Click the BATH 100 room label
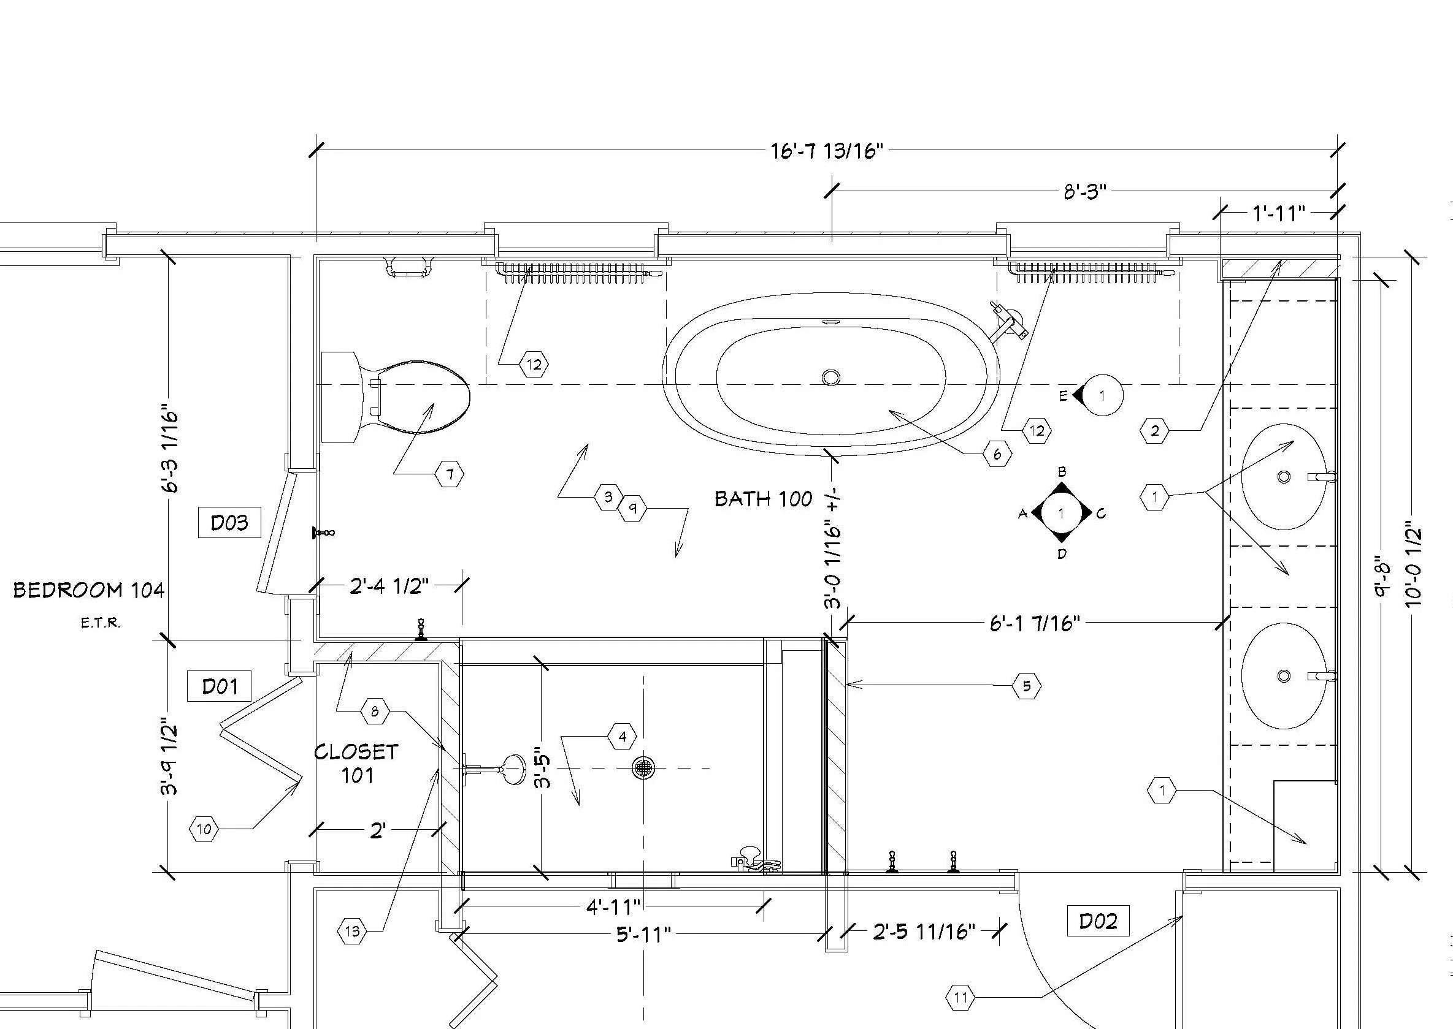(763, 499)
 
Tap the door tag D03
(229, 523)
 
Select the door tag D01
(220, 686)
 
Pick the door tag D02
(1098, 921)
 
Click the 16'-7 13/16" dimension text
(827, 151)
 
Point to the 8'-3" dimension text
(1084, 191)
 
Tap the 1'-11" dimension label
(1279, 213)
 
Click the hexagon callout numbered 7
(450, 474)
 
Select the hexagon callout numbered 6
(997, 454)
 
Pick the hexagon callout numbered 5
(1026, 686)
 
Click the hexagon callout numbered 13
(353, 931)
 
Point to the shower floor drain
(643, 768)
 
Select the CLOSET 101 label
(356, 764)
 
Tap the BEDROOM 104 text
(89, 591)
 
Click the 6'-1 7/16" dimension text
(1034, 623)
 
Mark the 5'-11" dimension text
(643, 934)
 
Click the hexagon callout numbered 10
(204, 829)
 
